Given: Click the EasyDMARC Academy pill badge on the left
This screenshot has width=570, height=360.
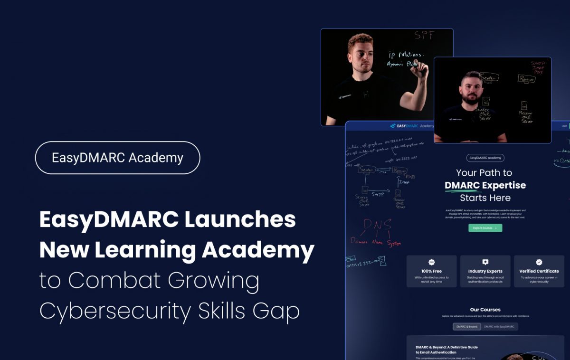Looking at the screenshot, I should (117, 158).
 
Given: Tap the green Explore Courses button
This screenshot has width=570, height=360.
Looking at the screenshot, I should (485, 228).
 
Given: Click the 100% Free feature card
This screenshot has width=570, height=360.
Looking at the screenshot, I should (431, 271).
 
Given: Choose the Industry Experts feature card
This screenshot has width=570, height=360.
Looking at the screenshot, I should (485, 271).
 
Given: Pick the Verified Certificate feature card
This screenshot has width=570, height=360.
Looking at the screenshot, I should (539, 271).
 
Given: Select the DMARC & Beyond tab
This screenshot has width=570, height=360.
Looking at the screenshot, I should (467, 327).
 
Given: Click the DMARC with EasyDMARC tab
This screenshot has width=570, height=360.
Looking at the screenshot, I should (499, 327).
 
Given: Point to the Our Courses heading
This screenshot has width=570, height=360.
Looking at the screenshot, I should (485, 310).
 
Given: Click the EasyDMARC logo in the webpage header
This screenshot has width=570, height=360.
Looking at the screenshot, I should (404, 126).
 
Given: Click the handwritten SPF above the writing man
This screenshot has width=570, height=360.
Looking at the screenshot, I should (424, 35).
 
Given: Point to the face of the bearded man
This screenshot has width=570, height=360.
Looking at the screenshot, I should (471, 89).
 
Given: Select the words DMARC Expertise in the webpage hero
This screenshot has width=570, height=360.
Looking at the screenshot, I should (485, 185).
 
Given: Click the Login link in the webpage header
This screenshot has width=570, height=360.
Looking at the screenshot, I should (564, 126).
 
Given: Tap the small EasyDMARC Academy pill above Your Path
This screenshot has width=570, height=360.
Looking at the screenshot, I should (485, 158).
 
